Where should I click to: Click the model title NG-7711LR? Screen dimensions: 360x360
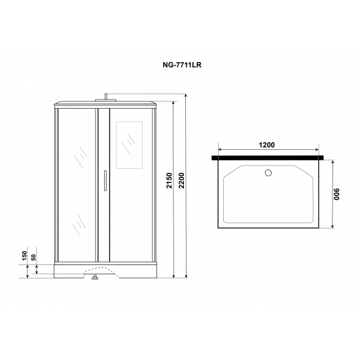click(179, 66)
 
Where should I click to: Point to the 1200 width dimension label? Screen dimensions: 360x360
click(265, 146)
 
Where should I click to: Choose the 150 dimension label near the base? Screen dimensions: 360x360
click(25, 257)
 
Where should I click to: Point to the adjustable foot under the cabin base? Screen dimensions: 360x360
click(95, 278)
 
